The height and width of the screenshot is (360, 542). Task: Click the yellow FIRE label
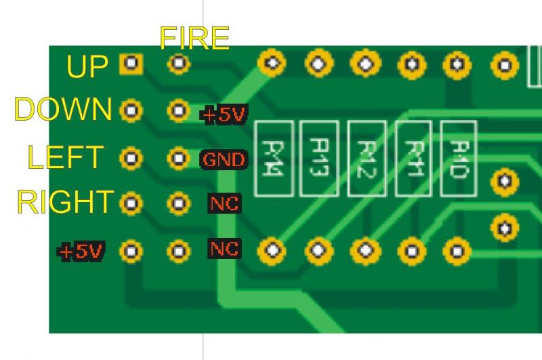[x=194, y=38]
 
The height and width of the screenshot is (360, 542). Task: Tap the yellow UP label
[x=88, y=66]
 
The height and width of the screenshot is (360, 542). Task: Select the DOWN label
[x=64, y=109]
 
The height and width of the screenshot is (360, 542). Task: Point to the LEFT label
[x=66, y=157]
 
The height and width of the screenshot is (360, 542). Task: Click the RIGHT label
[x=64, y=201]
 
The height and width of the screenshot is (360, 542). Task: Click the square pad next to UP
[x=131, y=64]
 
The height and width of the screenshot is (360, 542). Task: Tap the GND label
[x=224, y=160]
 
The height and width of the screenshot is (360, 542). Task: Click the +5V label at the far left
[x=81, y=252]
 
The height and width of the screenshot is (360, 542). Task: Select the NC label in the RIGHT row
[x=224, y=203]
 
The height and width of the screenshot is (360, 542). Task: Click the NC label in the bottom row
[x=224, y=249]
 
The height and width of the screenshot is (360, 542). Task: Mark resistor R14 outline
[x=273, y=158]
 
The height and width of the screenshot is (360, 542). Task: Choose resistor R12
[x=366, y=158]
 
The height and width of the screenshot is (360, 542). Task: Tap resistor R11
[x=413, y=158]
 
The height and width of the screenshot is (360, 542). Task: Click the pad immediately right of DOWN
[x=131, y=110]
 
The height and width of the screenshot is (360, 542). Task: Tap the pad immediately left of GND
[x=178, y=159]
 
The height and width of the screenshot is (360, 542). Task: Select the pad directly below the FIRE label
[x=179, y=64]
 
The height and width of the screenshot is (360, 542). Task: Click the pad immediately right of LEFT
[x=131, y=159]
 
